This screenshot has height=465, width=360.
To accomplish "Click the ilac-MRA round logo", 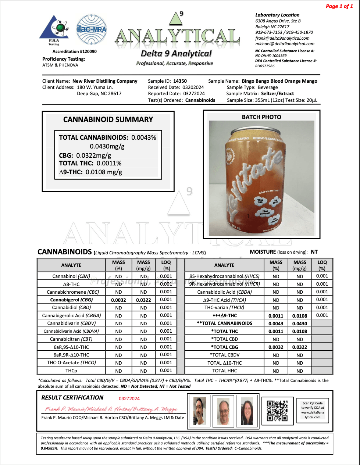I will click(91, 30).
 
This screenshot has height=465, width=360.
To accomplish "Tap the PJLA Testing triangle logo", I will click(54, 29).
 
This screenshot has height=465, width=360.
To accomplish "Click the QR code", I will click(277, 410).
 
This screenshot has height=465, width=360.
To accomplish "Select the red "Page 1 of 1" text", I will click(339, 6).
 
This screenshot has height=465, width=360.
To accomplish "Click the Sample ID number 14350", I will click(180, 81).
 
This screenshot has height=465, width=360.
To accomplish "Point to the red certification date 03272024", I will click(129, 398).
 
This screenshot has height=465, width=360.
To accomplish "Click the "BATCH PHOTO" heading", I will click(261, 117).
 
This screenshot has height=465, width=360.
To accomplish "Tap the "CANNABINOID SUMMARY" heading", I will click(108, 119).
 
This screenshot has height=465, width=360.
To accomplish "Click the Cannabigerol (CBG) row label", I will click(71, 300).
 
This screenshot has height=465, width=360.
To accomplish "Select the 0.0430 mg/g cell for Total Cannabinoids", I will click(300, 323).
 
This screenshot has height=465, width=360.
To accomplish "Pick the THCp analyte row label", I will click(71, 371).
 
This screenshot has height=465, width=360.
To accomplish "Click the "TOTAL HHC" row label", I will click(224, 371).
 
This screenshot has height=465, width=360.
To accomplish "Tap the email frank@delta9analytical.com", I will click(282, 38).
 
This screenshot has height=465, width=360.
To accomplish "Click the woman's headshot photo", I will click(247, 411).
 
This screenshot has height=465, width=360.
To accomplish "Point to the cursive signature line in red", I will click(111, 409).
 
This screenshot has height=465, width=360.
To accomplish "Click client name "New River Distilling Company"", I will click(105, 81).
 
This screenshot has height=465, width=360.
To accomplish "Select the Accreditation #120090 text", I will click(75, 51).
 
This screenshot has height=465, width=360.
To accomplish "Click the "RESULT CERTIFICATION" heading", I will click(72, 398).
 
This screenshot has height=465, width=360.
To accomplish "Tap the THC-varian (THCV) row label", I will click(224, 308).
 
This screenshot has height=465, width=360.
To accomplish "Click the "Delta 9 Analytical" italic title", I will click(176, 54).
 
